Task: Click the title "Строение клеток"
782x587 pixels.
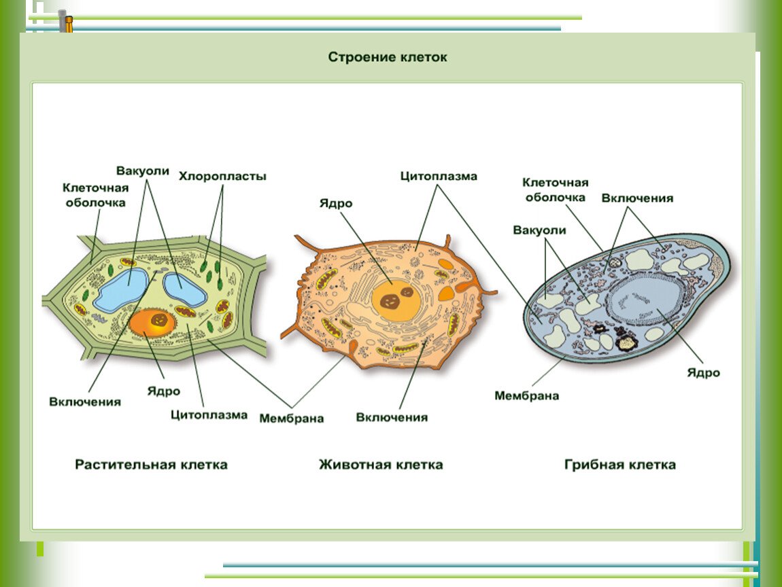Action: click(x=388, y=57)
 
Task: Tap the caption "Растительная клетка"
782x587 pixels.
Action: click(x=151, y=465)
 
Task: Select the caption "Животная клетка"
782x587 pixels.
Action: click(x=381, y=465)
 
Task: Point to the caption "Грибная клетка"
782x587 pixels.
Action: click(x=620, y=465)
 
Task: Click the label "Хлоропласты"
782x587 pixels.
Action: click(x=222, y=176)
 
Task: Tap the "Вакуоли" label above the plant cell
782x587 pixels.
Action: click(x=143, y=171)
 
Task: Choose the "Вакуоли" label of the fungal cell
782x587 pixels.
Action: click(x=540, y=230)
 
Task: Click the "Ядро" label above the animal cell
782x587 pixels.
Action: click(x=336, y=203)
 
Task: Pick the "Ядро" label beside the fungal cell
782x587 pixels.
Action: click(x=703, y=373)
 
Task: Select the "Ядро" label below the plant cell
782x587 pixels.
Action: click(x=164, y=391)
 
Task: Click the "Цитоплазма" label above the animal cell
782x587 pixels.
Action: click(x=439, y=176)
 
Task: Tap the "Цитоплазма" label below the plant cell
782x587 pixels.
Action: click(x=209, y=414)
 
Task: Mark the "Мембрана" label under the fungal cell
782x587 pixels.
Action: click(x=526, y=395)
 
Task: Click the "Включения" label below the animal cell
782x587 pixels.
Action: click(x=392, y=418)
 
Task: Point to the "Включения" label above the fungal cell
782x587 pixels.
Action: click(x=637, y=198)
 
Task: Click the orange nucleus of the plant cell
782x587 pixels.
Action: click(x=152, y=323)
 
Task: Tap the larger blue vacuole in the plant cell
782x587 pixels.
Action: click(x=123, y=291)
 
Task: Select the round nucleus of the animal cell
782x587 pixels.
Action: click(x=396, y=300)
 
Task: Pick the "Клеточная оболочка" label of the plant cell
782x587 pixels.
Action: click(x=95, y=196)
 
